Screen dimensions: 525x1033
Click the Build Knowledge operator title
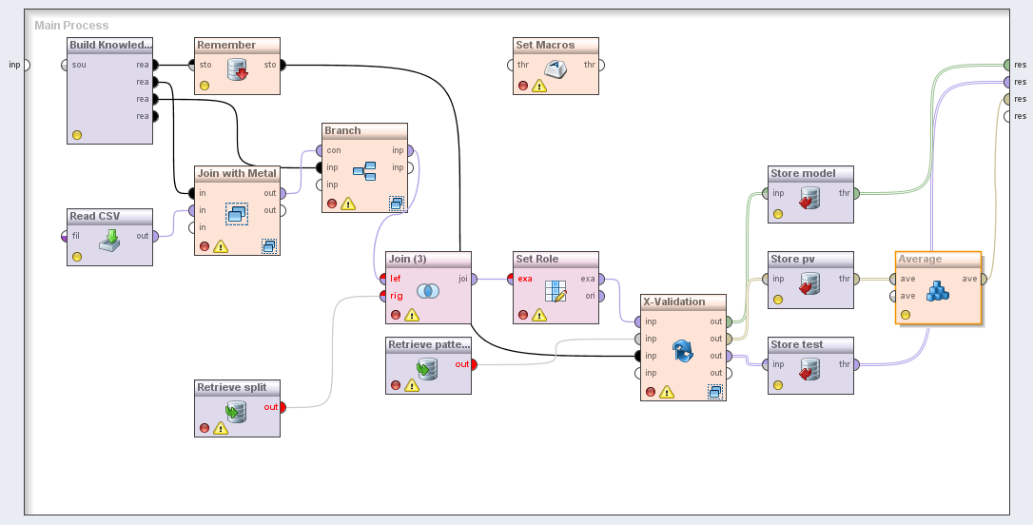pos(109,45)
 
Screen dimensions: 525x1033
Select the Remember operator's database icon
pos(238,68)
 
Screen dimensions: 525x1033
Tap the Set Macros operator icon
pos(555,68)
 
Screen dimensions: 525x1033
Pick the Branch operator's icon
pos(364,171)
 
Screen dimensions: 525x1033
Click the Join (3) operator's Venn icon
pos(427,290)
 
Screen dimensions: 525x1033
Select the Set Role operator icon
pos(555,290)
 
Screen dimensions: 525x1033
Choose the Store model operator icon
pos(809,198)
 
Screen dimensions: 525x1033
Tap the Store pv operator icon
pos(809,283)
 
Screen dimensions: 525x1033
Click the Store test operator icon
pos(809,368)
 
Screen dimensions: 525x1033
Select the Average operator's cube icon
pos(938,290)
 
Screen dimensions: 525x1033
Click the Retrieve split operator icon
pos(236,411)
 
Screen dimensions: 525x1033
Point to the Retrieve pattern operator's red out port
pos(474,364)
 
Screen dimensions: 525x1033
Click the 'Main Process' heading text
pos(71,26)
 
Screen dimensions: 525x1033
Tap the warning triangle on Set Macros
pos(539,86)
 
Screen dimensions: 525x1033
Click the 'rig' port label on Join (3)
pos(396,296)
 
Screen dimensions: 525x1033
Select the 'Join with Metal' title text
pos(237,173)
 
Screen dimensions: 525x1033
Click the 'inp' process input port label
pos(14,65)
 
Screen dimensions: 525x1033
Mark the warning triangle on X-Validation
pos(666,391)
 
